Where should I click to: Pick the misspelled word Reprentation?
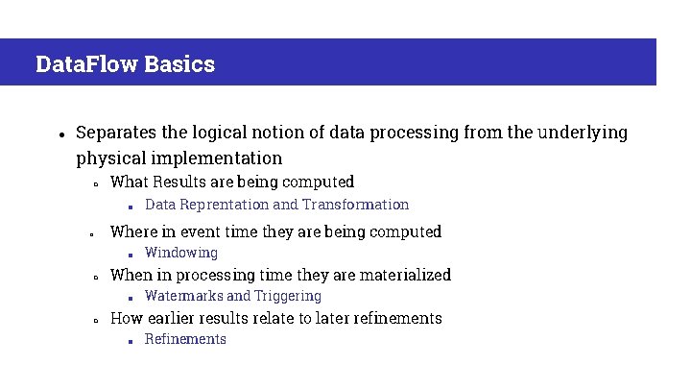point(224,205)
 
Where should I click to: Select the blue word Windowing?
point(181,253)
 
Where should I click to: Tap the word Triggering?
point(288,296)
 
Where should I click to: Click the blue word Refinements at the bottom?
point(185,339)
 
